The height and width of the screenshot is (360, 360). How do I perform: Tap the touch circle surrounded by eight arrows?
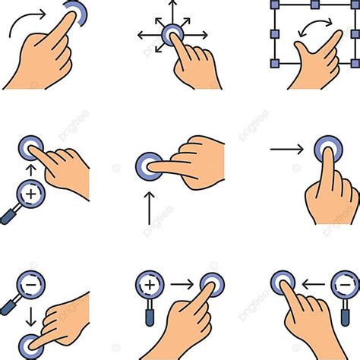click(172, 34)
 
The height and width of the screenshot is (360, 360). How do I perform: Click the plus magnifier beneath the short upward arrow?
click(31, 196)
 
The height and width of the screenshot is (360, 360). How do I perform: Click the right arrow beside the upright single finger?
click(286, 149)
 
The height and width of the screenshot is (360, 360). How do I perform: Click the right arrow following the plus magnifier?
click(182, 285)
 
